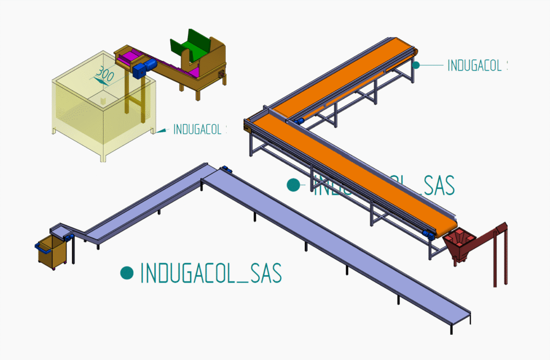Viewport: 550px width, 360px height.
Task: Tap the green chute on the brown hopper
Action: click(x=192, y=47)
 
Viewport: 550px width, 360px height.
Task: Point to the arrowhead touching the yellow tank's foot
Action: click(x=154, y=131)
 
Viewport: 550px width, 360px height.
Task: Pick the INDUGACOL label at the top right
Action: click(x=476, y=66)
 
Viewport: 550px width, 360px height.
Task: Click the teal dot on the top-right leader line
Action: click(x=416, y=65)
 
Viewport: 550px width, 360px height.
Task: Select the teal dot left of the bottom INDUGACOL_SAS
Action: click(x=127, y=272)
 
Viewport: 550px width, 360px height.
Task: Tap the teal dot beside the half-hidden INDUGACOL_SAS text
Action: click(x=293, y=185)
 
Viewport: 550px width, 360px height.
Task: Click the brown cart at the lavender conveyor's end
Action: click(x=52, y=251)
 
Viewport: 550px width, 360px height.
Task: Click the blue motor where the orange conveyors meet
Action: click(x=299, y=121)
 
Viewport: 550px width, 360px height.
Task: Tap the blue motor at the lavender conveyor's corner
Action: click(x=227, y=170)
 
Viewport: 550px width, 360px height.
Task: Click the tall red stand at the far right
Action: click(x=500, y=253)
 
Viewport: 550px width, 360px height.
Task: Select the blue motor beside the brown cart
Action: click(x=68, y=236)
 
